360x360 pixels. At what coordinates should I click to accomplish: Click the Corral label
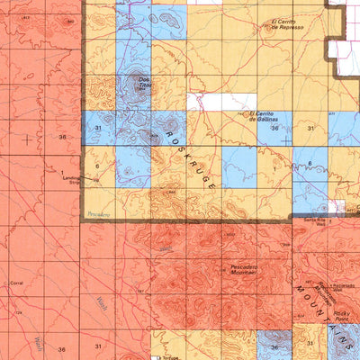(16, 283)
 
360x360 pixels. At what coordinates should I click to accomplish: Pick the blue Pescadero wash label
(94, 214)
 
